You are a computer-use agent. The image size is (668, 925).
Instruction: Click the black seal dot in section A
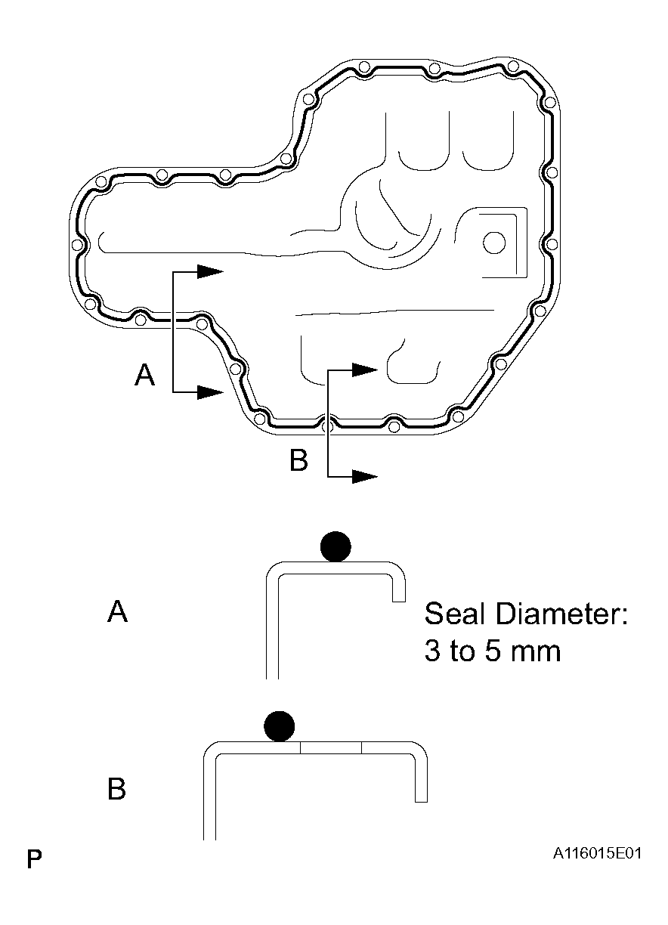(336, 546)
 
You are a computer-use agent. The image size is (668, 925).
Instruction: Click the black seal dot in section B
(280, 726)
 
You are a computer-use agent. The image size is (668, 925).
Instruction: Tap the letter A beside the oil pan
(144, 375)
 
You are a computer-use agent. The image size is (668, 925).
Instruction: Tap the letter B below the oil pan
(299, 460)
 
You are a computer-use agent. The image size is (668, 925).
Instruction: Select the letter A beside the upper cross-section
(118, 611)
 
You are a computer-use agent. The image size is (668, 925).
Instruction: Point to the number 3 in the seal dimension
(432, 651)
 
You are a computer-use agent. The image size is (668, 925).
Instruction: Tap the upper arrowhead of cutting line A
(210, 271)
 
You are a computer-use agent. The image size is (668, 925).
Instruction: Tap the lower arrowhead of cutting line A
(210, 392)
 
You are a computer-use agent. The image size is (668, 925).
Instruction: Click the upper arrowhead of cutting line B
(365, 370)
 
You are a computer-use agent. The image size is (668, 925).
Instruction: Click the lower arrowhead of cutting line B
(365, 477)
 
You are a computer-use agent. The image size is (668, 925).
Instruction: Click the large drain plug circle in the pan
(494, 243)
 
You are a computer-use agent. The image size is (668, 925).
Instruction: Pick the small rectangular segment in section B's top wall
(331, 747)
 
